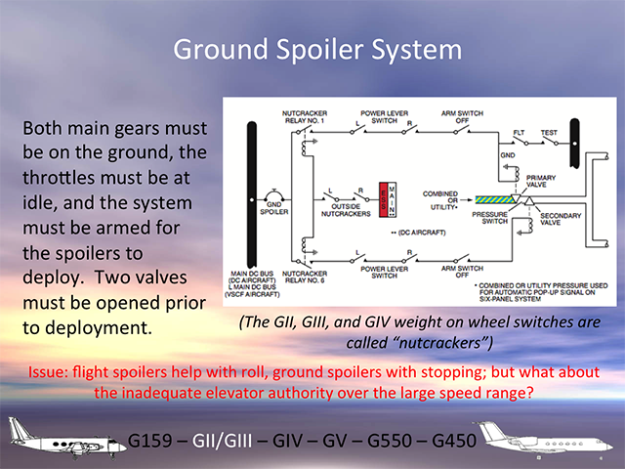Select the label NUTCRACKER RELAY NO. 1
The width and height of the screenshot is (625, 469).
pyautogui.click(x=304, y=119)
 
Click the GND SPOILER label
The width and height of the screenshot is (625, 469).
pyautogui.click(x=271, y=208)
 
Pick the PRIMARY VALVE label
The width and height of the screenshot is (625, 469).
pyautogui.click(x=540, y=180)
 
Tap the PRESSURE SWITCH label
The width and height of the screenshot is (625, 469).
pyautogui.click(x=488, y=216)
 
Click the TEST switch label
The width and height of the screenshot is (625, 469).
pyautogui.click(x=550, y=133)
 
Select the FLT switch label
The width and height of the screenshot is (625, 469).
pyautogui.click(x=518, y=133)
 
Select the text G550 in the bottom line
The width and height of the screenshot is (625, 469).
pyautogui.click(x=374, y=442)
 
